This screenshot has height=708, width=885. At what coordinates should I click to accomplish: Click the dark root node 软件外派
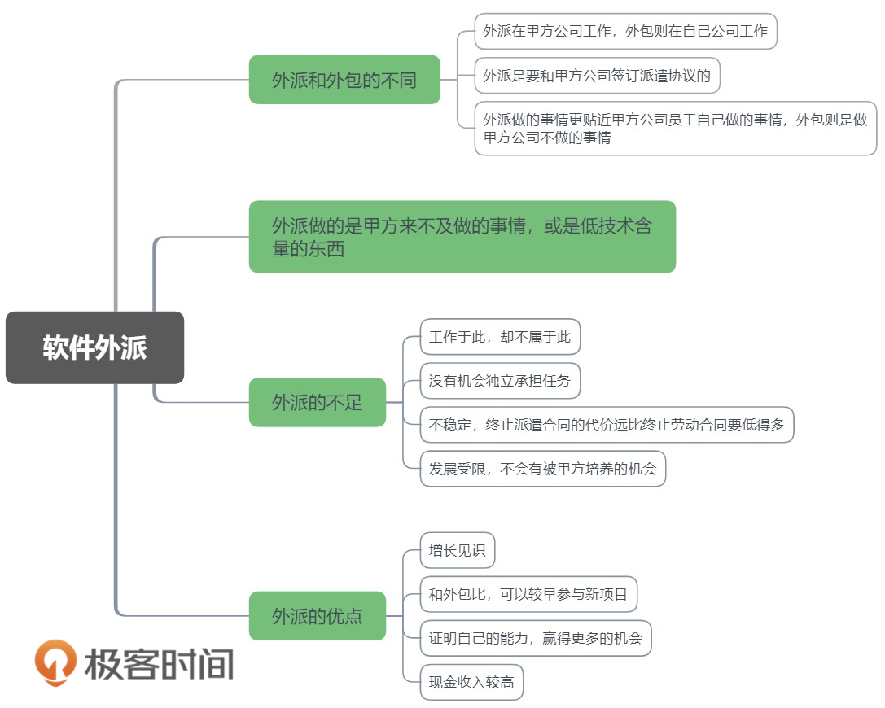point(94,347)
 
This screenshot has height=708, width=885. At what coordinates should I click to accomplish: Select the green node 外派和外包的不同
point(344,80)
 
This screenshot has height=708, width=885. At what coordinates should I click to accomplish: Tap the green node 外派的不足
point(318,402)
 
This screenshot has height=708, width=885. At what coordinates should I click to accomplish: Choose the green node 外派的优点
point(318,616)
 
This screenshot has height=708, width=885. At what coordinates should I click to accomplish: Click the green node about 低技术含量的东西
point(462,237)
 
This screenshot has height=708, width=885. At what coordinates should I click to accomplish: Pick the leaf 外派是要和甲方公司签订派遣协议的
point(597,76)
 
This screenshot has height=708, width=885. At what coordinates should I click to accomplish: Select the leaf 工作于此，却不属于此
point(500,337)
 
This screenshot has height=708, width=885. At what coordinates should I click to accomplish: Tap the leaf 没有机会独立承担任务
point(500,381)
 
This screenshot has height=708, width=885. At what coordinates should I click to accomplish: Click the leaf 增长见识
point(458,550)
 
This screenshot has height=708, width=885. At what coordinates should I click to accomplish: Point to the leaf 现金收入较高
point(471,682)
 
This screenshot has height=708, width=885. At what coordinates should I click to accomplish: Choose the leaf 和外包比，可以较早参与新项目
point(528,594)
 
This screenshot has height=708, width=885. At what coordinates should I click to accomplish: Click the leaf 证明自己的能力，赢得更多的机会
point(536,638)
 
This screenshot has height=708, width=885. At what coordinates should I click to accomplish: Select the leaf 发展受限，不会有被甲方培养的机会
point(543,469)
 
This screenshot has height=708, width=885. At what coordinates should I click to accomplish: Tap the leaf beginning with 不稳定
point(607,425)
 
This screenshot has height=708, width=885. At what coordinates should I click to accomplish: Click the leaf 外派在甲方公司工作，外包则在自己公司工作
point(625,31)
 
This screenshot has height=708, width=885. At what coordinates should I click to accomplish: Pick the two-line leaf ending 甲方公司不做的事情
point(676,129)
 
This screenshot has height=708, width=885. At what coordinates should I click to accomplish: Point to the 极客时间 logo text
point(159,664)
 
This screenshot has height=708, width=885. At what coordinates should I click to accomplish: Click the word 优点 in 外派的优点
point(344,616)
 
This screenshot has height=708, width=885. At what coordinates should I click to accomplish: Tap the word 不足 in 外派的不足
point(344,402)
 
